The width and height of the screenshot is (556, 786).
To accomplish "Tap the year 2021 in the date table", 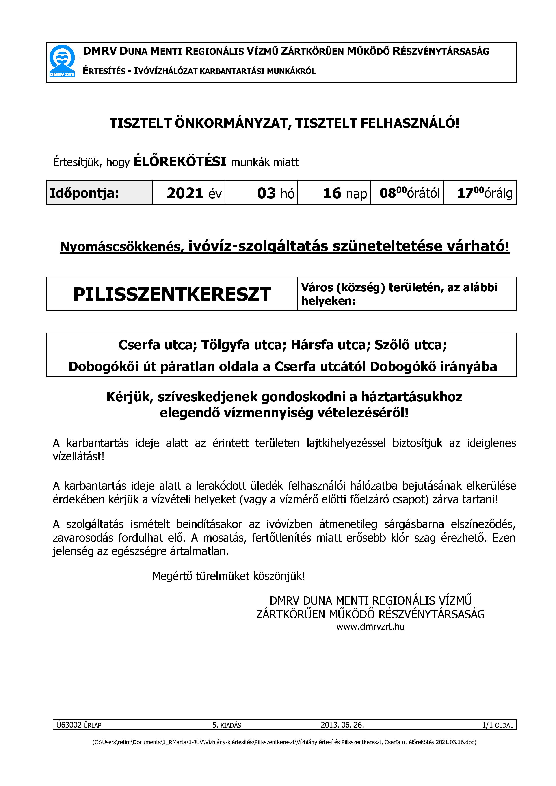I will [185, 193].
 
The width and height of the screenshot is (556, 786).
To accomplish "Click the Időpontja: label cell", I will [84, 193].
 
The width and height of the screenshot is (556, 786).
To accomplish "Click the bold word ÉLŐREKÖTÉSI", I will [180, 161].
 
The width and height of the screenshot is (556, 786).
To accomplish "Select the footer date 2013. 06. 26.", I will [342, 725].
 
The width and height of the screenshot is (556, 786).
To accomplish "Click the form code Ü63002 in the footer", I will [69, 725].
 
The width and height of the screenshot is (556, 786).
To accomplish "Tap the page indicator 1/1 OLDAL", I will [497, 725].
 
